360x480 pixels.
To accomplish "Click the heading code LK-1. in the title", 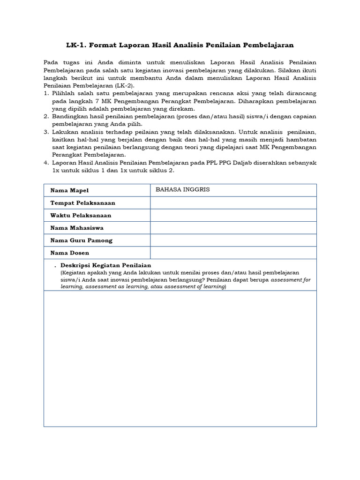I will pyautogui.click(x=77, y=45).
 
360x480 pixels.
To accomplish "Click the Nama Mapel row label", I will pyautogui.click(x=69, y=190).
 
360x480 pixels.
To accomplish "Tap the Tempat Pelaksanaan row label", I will pyautogui.click(x=82, y=203).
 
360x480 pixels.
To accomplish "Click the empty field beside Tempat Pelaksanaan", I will pyautogui.click(x=233, y=203).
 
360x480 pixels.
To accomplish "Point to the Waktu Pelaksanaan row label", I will pyautogui.click(x=80, y=216).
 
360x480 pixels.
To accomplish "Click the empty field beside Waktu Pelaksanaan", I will pyautogui.click(x=233, y=216).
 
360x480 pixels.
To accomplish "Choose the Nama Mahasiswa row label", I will pyautogui.click(x=77, y=228).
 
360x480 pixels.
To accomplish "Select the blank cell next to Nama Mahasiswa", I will pyautogui.click(x=233, y=228).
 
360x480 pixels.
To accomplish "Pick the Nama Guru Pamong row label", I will pyautogui.click(x=81, y=240).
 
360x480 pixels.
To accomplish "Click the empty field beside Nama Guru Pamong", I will pyautogui.click(x=233, y=240).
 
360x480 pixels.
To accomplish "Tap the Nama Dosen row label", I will pyautogui.click(x=69, y=253).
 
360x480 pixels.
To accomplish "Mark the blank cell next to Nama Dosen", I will pyautogui.click(x=233, y=253).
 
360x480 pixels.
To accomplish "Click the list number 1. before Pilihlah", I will pyautogui.click(x=46, y=94).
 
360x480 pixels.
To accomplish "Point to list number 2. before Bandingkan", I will pyautogui.click(x=46, y=116).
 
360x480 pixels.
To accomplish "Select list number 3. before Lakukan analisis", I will pyautogui.click(x=46, y=132).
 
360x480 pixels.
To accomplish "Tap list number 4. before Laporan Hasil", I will pyautogui.click(x=46, y=163).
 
